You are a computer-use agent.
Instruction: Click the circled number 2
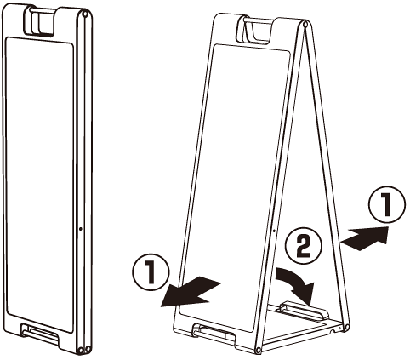[x=304, y=246]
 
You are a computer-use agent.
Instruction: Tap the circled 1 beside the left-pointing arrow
[x=151, y=271]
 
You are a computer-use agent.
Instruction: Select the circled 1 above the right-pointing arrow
[x=387, y=204]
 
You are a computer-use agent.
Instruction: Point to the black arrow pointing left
[x=190, y=292]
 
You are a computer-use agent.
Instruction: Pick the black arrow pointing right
[x=366, y=237]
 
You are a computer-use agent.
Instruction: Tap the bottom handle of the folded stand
[x=40, y=335]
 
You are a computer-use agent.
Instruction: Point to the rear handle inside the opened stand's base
[x=304, y=311]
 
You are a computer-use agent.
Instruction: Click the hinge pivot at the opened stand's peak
[x=305, y=24]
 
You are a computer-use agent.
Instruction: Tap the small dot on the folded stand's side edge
[x=81, y=228]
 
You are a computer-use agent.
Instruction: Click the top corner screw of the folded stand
[x=84, y=14]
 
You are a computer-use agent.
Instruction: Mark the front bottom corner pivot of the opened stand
[x=258, y=350]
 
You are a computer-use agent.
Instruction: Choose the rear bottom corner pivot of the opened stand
[x=346, y=328]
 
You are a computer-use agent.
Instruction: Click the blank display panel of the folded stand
[x=39, y=185]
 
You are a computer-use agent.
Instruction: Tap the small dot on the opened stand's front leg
[x=274, y=231]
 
